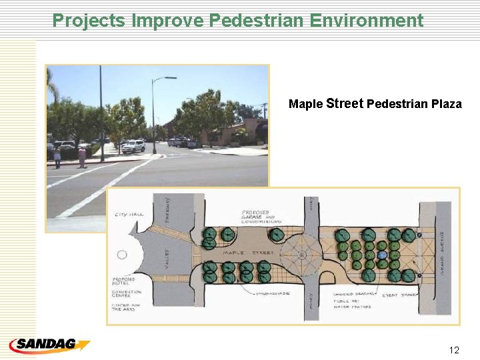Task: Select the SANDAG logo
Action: point(49,345)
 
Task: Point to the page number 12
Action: point(455,350)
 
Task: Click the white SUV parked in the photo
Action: point(133,146)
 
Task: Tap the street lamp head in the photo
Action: point(173,78)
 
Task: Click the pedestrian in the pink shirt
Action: point(82,157)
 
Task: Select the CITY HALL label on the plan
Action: point(129,215)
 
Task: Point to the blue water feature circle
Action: point(382,255)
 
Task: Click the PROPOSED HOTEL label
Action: point(123,281)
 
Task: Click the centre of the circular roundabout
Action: point(301,255)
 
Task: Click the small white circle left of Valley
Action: point(122,255)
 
